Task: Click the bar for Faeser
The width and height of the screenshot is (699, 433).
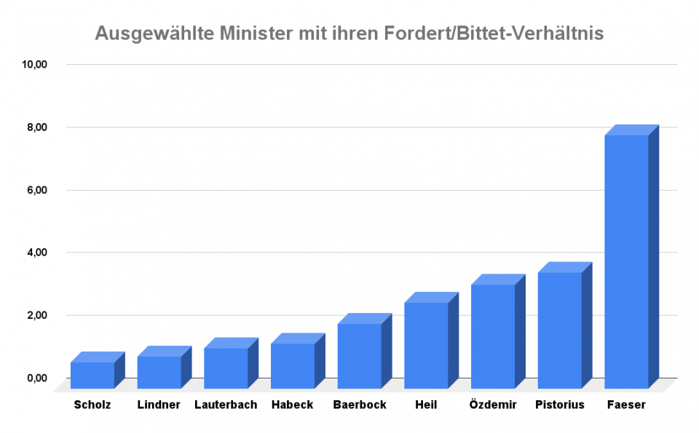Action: [626, 261]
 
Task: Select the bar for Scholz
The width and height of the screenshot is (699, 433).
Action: [92, 375]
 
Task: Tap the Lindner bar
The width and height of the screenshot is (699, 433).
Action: [159, 372]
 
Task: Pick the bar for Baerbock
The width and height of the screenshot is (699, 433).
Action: [359, 356]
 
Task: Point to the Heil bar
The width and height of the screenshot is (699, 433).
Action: [426, 345]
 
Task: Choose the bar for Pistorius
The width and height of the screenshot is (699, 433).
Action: [559, 330]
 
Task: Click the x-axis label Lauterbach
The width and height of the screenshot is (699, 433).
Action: [226, 405]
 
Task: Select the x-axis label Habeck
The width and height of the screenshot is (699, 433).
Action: [292, 405]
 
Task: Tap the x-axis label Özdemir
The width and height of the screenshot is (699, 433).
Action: [493, 405]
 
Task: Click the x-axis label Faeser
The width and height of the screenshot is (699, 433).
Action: [626, 405]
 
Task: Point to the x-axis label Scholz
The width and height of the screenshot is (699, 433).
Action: [92, 405]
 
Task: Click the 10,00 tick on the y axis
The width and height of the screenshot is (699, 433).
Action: [35, 65]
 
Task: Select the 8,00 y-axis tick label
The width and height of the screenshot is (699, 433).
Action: [37, 127]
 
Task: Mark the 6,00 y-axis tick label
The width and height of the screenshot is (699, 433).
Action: [37, 190]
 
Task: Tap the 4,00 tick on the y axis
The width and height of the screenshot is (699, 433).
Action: [37, 253]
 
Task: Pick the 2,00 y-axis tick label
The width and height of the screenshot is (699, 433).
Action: [37, 315]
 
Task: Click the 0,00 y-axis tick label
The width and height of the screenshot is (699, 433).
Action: [37, 378]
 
